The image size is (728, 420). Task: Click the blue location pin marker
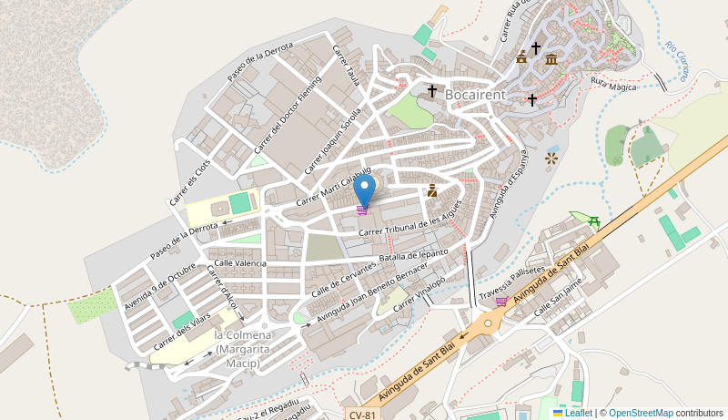pyautogui.click(x=364, y=190)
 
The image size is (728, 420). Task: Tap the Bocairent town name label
pyautogui.click(x=474, y=93)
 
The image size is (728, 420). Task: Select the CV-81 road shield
pyautogui.click(x=362, y=415)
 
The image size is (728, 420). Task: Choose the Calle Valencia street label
pyautogui.click(x=238, y=263)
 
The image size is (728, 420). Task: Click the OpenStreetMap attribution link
pyautogui.click(x=641, y=413)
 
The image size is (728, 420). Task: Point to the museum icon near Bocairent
pyautogui.click(x=551, y=59)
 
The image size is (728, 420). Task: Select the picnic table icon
pyautogui.click(x=594, y=220)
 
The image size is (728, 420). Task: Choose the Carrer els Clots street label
pyautogui.click(x=190, y=181)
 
